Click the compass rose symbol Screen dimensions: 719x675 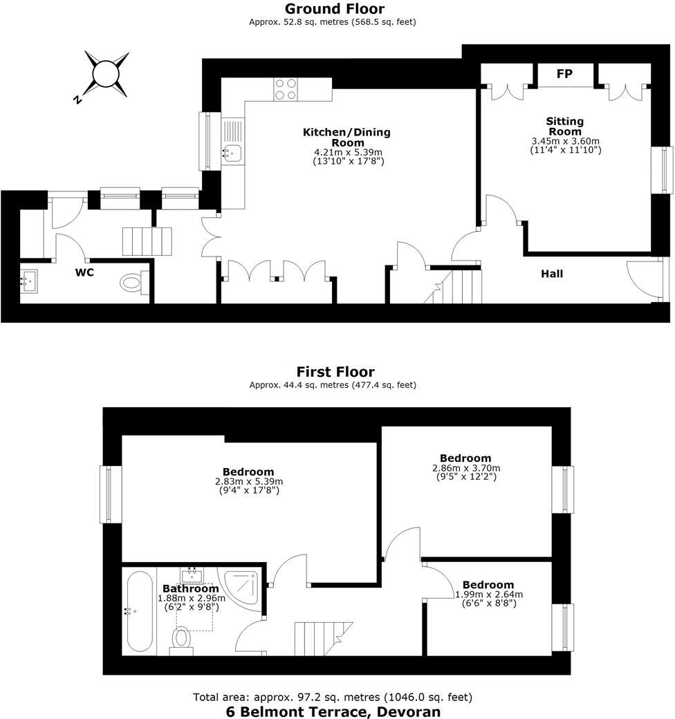[107, 73]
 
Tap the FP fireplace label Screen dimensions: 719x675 [564, 73]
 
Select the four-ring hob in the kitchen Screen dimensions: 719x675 [286, 90]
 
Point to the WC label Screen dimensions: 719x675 [84, 272]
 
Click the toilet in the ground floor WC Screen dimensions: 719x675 [132, 282]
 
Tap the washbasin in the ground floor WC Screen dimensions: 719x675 [30, 280]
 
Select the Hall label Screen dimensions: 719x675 [552, 274]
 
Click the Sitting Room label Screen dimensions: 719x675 [565, 127]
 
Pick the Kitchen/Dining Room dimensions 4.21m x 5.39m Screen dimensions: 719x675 [346, 152]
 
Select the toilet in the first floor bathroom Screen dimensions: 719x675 [182, 639]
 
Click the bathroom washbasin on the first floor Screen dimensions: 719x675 [191, 575]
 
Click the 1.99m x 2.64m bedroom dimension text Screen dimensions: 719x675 [488, 594]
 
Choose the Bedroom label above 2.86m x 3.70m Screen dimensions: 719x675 [465, 458]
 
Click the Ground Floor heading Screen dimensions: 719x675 [335, 9]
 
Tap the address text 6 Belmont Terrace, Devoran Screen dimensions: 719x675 [333, 711]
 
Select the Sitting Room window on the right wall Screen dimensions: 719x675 [665, 170]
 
